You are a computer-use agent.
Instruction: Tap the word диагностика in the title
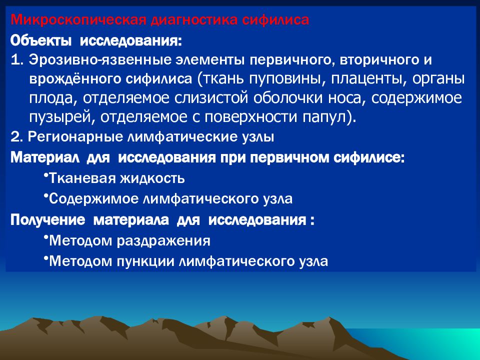pyautogui.click(x=194, y=20)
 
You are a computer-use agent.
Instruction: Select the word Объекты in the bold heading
pyautogui.click(x=41, y=40)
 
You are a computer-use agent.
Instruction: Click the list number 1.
pyautogui.click(x=16, y=59)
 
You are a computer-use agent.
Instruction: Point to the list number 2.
pyautogui.click(x=16, y=137)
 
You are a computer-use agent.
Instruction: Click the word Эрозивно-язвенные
pyautogui.click(x=100, y=59)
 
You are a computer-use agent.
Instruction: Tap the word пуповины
pyautogui.click(x=286, y=79)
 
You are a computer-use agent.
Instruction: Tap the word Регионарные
pyautogui.click(x=75, y=137)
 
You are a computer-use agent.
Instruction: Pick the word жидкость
pyautogui.click(x=152, y=178)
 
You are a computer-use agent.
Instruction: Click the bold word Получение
pyautogui.click(x=47, y=220)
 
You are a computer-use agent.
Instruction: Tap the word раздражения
pyautogui.click(x=164, y=241)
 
